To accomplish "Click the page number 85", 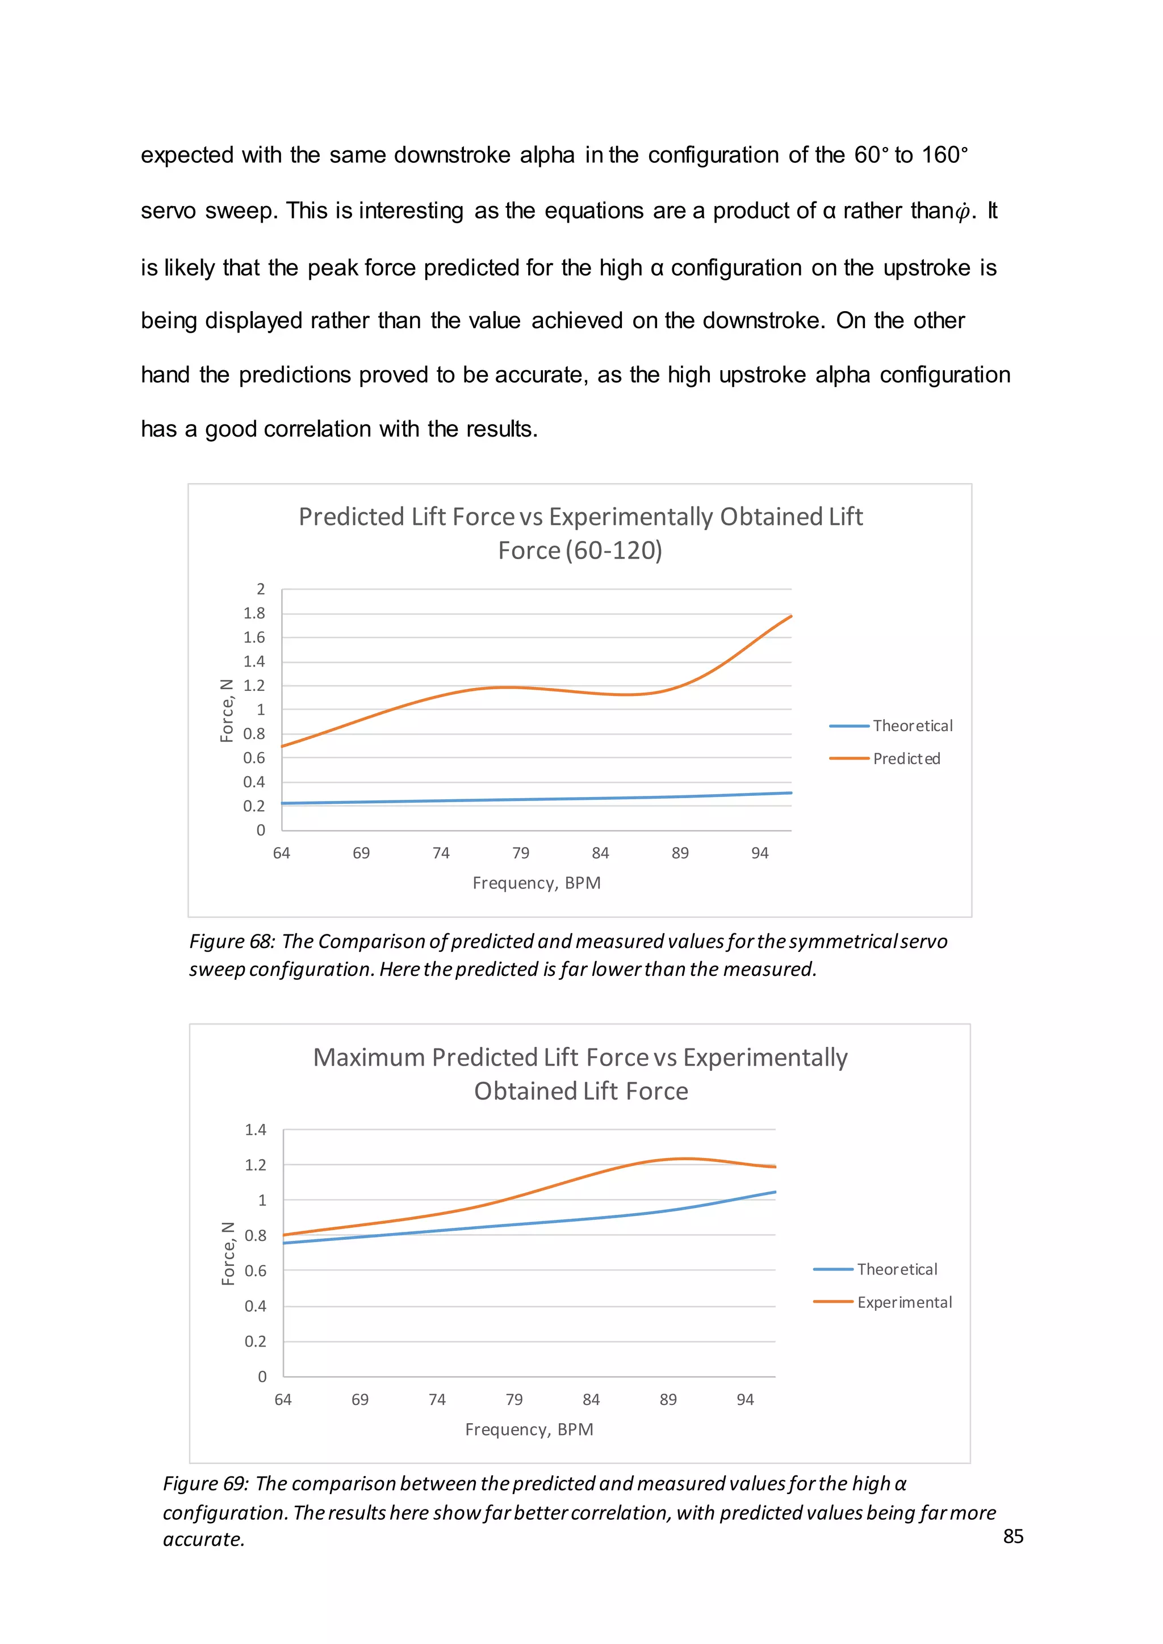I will (x=1013, y=1536).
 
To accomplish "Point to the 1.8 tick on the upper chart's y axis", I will (x=254, y=613).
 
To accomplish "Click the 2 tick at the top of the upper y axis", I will (x=261, y=589).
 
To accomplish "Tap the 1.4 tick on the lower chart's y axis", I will (x=255, y=1129).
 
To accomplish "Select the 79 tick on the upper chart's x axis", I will (x=521, y=853).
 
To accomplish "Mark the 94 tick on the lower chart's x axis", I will (x=745, y=1399).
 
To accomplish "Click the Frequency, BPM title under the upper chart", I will (x=537, y=883).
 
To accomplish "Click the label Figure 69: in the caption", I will (x=206, y=1483).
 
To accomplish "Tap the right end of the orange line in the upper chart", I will (x=790, y=616).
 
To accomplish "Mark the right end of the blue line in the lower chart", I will (x=775, y=1192).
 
